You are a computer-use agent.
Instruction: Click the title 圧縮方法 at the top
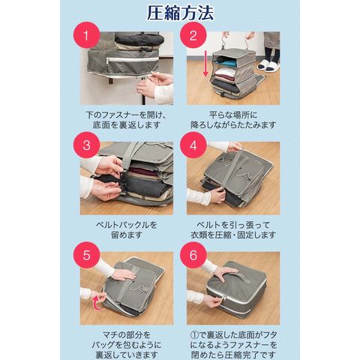tap(180, 13)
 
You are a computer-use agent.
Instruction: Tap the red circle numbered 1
tap(86, 35)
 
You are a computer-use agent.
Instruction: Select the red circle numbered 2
tap(193, 35)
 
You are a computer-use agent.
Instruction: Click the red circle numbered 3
tap(86, 145)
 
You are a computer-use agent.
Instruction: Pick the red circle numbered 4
tap(193, 145)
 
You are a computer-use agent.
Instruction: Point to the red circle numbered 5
tap(86, 255)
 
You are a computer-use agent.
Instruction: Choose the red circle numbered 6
tap(193, 255)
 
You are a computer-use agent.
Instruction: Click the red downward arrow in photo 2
tap(205, 63)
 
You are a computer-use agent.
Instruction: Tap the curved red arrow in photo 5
tap(99, 303)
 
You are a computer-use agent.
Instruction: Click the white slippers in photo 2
tap(265, 66)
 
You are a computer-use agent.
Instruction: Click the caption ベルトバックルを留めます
tap(127, 230)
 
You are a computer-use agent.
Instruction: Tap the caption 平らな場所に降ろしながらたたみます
tap(233, 120)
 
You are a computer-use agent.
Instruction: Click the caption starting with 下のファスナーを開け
tap(126, 120)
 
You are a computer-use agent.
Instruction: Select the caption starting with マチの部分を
tap(127, 345)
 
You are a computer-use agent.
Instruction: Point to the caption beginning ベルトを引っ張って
tap(233, 230)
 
